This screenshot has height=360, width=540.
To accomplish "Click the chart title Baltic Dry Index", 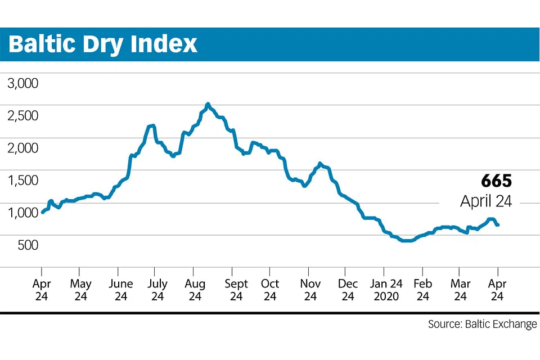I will (x=103, y=44).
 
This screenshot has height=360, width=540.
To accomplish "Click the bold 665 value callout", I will (x=496, y=181).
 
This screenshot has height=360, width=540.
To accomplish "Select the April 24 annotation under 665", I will (x=486, y=201).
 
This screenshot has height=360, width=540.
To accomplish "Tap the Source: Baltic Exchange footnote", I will (x=482, y=325).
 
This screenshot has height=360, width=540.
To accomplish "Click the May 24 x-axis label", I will (x=80, y=290).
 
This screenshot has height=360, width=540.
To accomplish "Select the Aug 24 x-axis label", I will (x=195, y=290).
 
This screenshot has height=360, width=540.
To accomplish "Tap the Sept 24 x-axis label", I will (x=236, y=290).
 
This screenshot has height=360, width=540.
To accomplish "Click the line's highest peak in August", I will (x=208, y=104).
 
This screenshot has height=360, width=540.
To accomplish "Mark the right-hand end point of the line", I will (x=498, y=225).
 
